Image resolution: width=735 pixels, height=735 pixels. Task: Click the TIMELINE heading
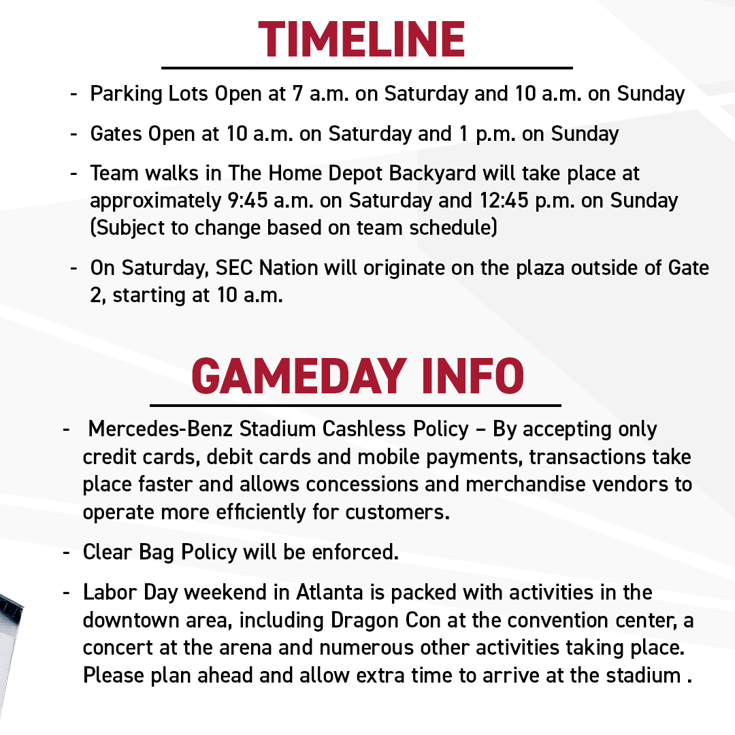click(x=361, y=39)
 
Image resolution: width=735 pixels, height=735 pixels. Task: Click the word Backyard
click(x=433, y=174)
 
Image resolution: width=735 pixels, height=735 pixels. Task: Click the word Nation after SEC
click(x=281, y=267)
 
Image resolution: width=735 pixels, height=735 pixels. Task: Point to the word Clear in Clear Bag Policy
click(x=104, y=552)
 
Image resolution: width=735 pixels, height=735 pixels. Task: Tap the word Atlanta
click(x=329, y=593)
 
